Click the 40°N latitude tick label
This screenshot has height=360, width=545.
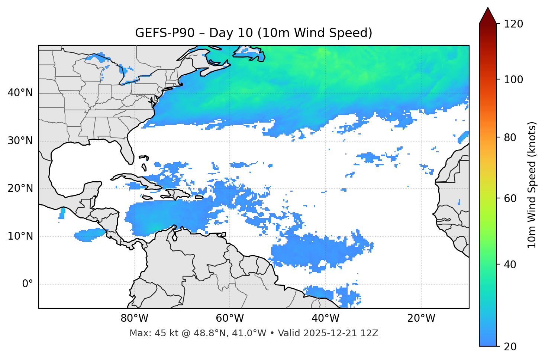20,93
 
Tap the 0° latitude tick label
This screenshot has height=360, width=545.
28,284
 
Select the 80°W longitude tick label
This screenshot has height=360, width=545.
134,318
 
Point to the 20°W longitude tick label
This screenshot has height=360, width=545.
421,318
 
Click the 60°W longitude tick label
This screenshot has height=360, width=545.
230,318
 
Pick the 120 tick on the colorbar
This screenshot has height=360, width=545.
513,24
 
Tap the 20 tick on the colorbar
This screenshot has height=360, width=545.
510,347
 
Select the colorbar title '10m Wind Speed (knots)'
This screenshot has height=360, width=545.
532,185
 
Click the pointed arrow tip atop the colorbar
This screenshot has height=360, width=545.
488,9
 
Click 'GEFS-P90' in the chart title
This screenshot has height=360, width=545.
164,33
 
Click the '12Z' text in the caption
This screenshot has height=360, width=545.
370,333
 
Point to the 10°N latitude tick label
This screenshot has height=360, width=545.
20,236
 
